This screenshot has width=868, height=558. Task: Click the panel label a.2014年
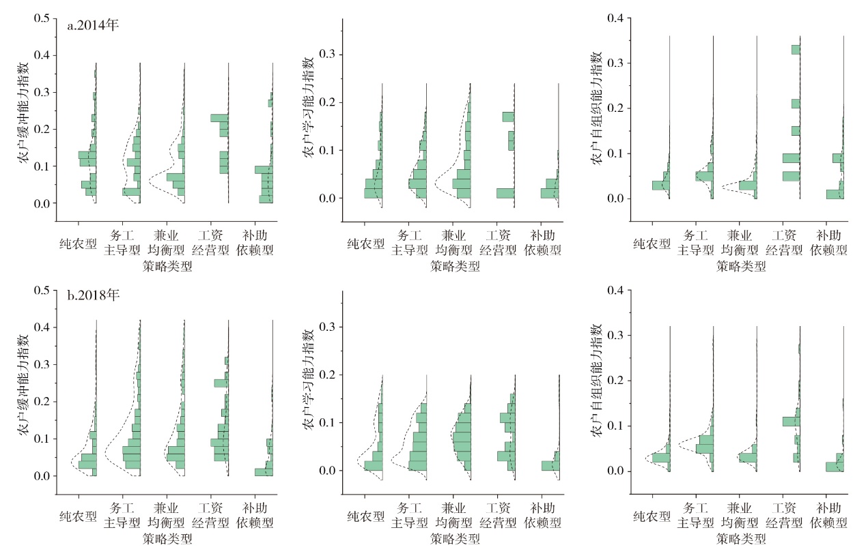click(93, 27)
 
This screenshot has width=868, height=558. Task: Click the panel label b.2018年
click(93, 298)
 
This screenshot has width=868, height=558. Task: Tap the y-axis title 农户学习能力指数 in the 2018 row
click(308, 381)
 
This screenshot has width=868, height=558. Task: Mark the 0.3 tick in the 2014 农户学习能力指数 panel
click(331, 55)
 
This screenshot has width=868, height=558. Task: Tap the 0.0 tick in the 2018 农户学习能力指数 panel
click(331, 471)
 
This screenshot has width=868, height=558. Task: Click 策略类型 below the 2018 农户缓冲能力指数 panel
click(167, 539)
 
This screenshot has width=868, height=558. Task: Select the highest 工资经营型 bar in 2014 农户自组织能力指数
click(796, 49)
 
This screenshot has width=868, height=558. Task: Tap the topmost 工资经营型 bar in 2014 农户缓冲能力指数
click(219, 118)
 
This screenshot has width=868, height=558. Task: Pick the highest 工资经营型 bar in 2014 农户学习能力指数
click(508, 117)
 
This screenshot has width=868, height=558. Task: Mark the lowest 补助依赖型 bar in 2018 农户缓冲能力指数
click(264, 472)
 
